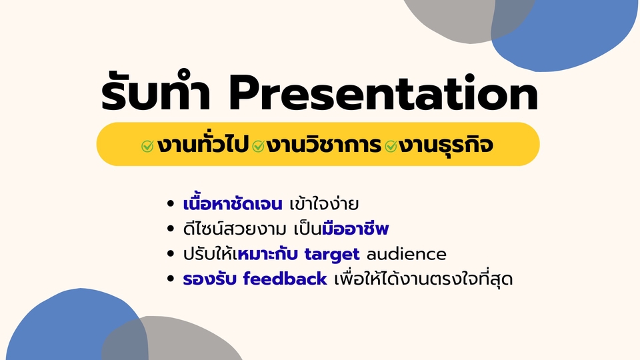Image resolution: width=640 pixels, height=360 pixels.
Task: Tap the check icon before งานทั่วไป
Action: pos(147,145)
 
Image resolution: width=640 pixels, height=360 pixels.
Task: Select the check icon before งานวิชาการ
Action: pos(258,145)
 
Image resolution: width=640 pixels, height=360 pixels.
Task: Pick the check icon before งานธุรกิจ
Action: pos(391,145)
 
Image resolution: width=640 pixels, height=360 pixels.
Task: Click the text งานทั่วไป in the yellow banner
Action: pos(202,145)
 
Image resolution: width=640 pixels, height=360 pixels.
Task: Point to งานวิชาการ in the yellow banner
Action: pos(323,145)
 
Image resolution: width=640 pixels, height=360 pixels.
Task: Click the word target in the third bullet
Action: pos(333,254)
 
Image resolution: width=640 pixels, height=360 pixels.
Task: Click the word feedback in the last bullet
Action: pos(285,279)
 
